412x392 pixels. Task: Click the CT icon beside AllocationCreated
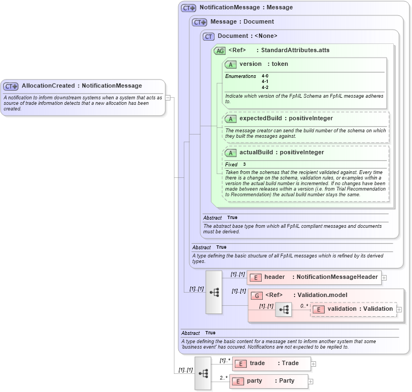pyautogui.click(x=11, y=86)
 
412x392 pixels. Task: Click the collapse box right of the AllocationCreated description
pyautogui.click(x=168, y=98)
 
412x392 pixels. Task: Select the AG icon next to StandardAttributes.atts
pyautogui.click(x=219, y=51)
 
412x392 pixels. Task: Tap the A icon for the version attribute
pyautogui.click(x=230, y=64)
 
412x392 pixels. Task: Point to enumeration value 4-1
pyautogui.click(x=265, y=81)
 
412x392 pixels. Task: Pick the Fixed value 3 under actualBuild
pyautogui.click(x=245, y=165)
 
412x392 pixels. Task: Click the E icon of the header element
pyautogui.click(x=255, y=277)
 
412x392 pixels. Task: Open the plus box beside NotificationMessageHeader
pyautogui.click(x=384, y=278)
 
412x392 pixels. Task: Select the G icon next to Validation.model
pyautogui.click(x=256, y=295)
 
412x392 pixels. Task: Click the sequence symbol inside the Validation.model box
pyautogui.click(x=284, y=310)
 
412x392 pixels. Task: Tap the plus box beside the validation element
pyautogui.click(x=399, y=310)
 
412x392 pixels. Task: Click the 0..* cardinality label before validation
pyautogui.click(x=304, y=306)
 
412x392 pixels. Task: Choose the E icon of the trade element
pyautogui.click(x=240, y=363)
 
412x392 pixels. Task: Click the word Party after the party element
pyautogui.click(x=286, y=381)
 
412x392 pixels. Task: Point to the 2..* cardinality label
pyautogui.click(x=224, y=378)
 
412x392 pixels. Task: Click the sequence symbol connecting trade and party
pyautogui.click(x=203, y=373)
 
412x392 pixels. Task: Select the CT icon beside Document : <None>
pyautogui.click(x=208, y=37)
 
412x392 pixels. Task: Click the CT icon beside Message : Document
pyautogui.click(x=199, y=23)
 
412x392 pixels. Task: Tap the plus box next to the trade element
pyautogui.click(x=313, y=363)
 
